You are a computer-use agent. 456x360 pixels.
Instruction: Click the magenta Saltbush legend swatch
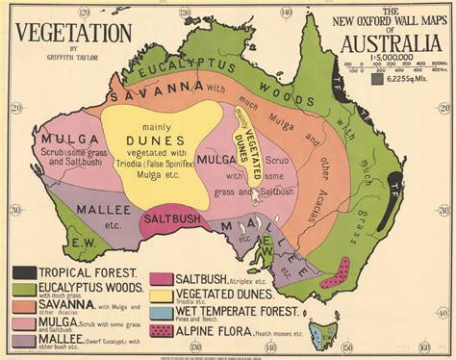[162, 279]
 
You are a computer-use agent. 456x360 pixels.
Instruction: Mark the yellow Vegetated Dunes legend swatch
[162, 296]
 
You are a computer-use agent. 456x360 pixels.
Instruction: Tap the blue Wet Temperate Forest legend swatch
[162, 313]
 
